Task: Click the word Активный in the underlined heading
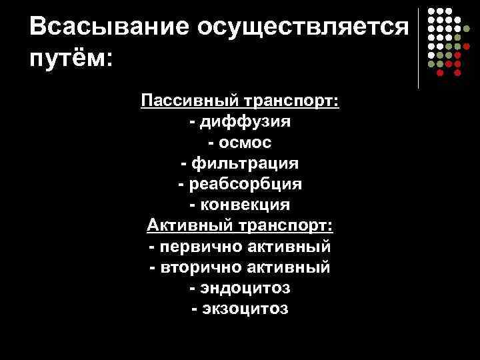coord(189,225)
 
